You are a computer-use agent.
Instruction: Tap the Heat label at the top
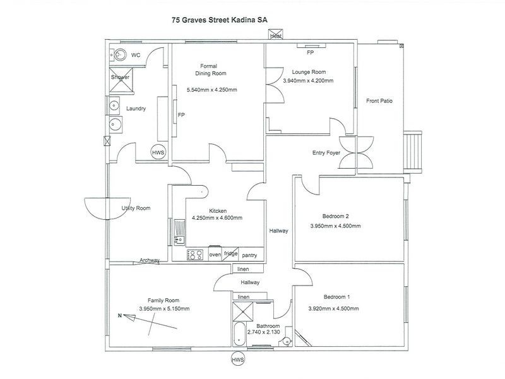(276, 37)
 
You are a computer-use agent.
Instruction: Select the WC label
(135, 55)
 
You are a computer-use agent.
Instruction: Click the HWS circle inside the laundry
(158, 152)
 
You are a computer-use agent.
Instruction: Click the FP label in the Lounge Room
(310, 53)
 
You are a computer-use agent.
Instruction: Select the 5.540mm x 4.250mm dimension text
(212, 90)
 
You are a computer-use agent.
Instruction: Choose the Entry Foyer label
(326, 153)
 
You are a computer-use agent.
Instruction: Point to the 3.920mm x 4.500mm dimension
(333, 308)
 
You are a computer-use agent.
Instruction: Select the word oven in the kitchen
(215, 254)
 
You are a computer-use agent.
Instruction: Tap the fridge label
(231, 253)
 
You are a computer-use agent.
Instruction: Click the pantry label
(251, 255)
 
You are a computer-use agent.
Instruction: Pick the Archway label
(150, 260)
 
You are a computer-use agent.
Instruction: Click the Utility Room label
(136, 208)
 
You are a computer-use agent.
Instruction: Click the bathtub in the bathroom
(241, 335)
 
